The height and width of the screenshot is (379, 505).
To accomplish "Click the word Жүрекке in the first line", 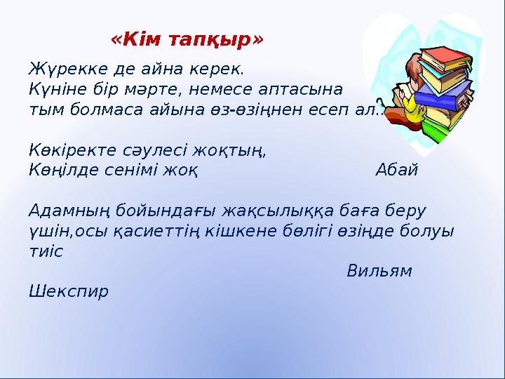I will pos(60,70).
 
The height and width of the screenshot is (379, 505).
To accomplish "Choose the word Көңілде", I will pos(60,170).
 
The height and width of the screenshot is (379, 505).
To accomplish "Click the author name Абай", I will pos(396,170).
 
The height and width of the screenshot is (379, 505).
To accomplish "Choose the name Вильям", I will pos(379,270).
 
